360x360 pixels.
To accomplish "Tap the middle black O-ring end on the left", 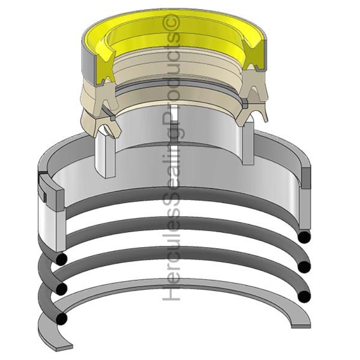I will pos(61,289).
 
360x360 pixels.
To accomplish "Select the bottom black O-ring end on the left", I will pos(61,319).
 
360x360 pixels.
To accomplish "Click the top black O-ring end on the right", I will pos(304,237).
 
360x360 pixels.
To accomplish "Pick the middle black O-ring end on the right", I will pos(304,267).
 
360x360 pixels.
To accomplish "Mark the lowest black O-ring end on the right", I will pos(303,296).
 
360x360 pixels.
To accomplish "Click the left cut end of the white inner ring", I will pos(105,155).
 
